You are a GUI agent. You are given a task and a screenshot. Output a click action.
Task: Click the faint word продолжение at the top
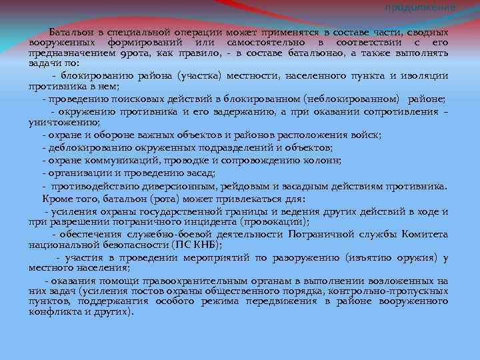(x=421, y=6)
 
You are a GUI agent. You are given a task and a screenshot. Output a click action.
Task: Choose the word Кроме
(x=57, y=198)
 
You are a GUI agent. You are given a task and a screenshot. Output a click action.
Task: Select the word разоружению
(x=306, y=257)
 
